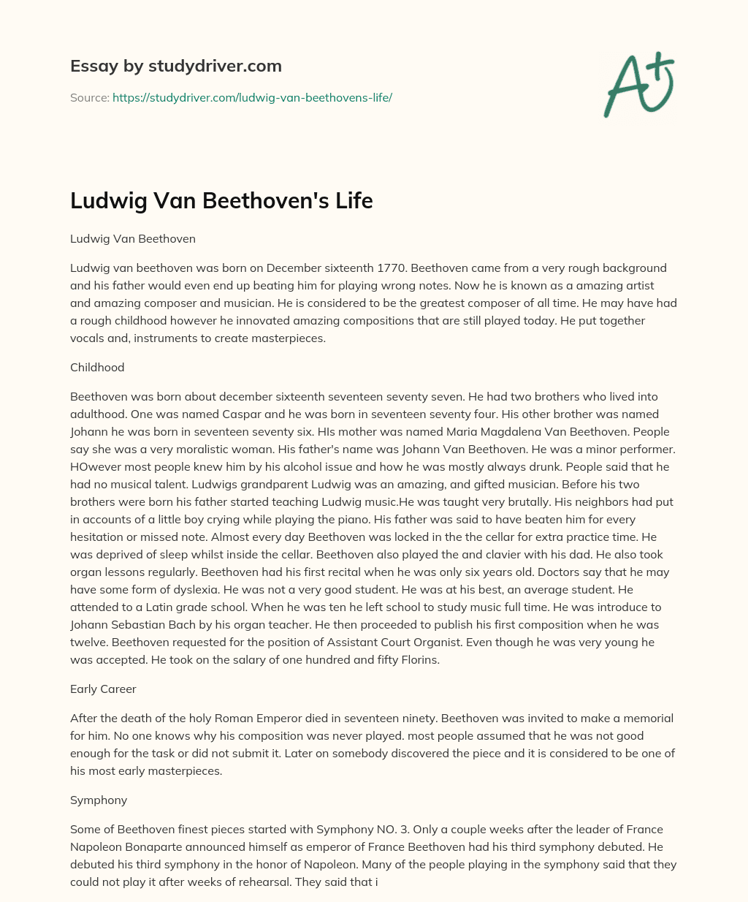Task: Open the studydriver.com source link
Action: pos(252,97)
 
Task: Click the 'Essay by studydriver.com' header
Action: pos(175,66)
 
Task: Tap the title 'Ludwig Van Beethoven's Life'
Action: pos(221,200)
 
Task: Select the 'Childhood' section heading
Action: pos(97,367)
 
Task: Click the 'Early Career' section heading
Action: pos(103,689)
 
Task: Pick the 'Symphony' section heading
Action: pos(99,800)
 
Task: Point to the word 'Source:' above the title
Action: pos(89,97)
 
